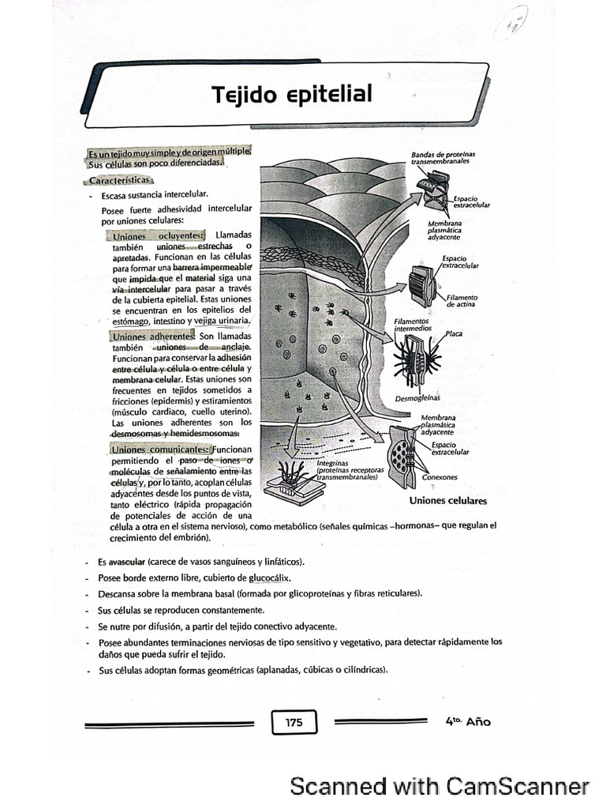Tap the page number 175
[x=294, y=721]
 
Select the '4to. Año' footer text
[x=467, y=721]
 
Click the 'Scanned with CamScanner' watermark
[x=439, y=786]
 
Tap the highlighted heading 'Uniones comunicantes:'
[x=155, y=449]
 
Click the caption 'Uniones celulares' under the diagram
[x=447, y=501]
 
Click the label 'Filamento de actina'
[x=462, y=300]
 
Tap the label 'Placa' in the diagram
[x=454, y=333]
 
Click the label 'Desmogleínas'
[x=417, y=398]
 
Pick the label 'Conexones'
[x=440, y=477]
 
